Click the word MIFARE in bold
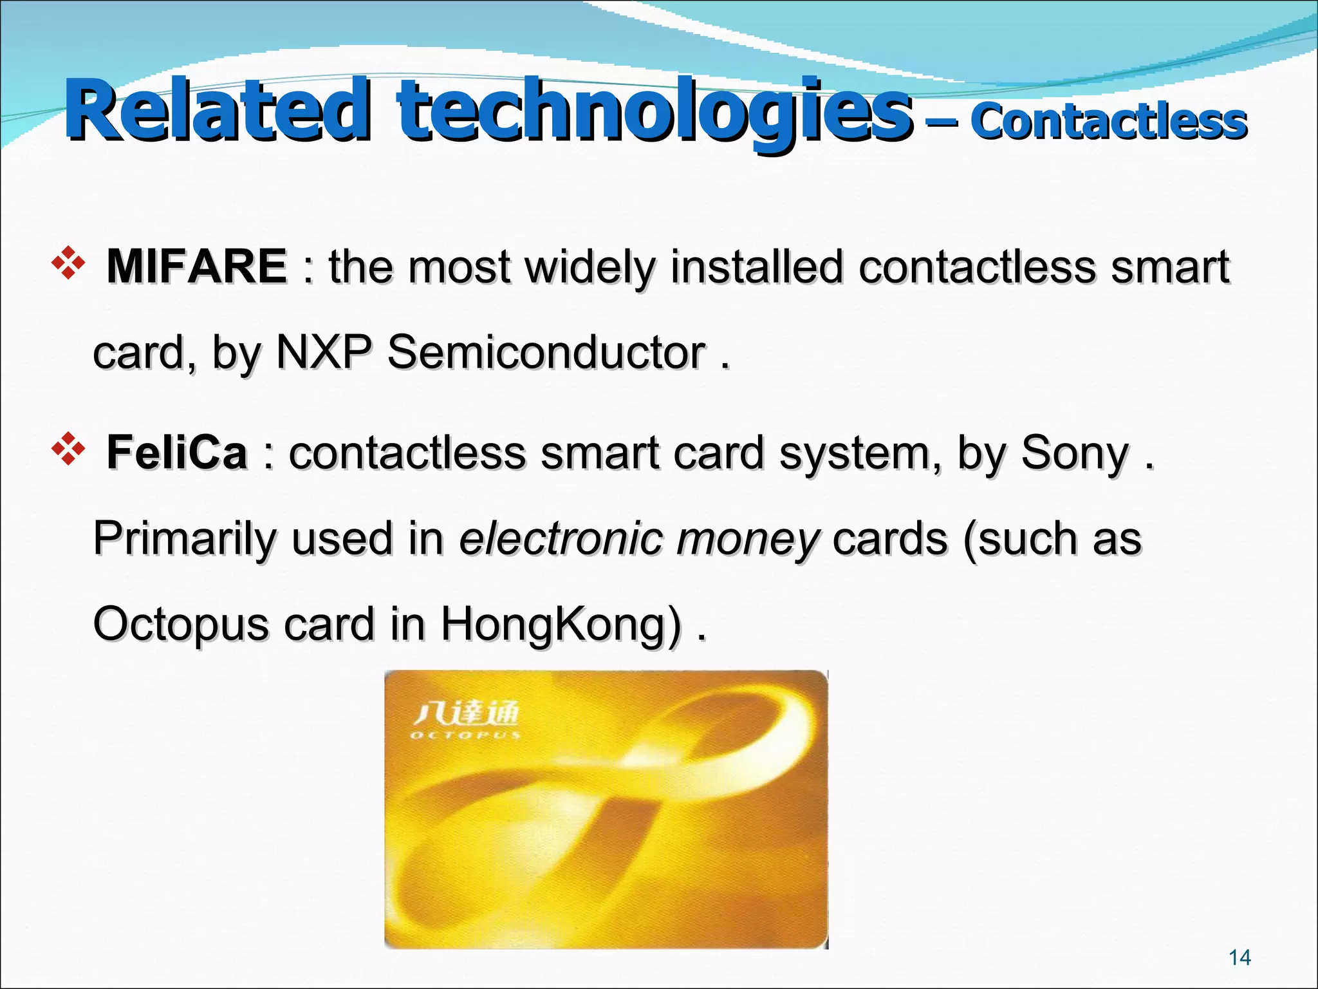coord(196,266)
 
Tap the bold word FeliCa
coord(177,452)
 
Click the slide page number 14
coord(1239,957)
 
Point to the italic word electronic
coord(561,538)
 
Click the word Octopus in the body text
coord(181,625)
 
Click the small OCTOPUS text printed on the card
coord(465,735)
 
